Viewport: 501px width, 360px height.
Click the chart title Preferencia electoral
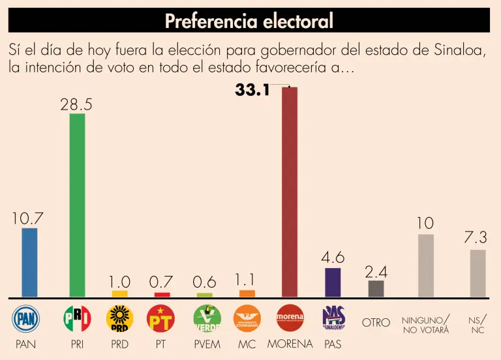[249, 21]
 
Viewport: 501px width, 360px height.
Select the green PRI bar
[77, 205]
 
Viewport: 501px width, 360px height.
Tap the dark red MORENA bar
[289, 192]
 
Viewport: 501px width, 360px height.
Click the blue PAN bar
[29, 262]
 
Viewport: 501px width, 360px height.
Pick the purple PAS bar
[332, 282]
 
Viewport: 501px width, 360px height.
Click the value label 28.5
[76, 104]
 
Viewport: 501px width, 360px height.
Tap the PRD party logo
[119, 318]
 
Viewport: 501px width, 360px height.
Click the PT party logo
[160, 318]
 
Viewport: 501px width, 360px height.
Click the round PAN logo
[27, 318]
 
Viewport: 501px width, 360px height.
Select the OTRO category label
[376, 323]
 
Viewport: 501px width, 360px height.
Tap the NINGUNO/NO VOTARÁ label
[425, 325]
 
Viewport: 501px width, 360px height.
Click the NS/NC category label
[478, 325]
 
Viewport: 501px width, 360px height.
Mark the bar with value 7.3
[478, 273]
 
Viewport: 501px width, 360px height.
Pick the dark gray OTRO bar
[376, 288]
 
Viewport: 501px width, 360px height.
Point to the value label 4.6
[332, 258]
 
